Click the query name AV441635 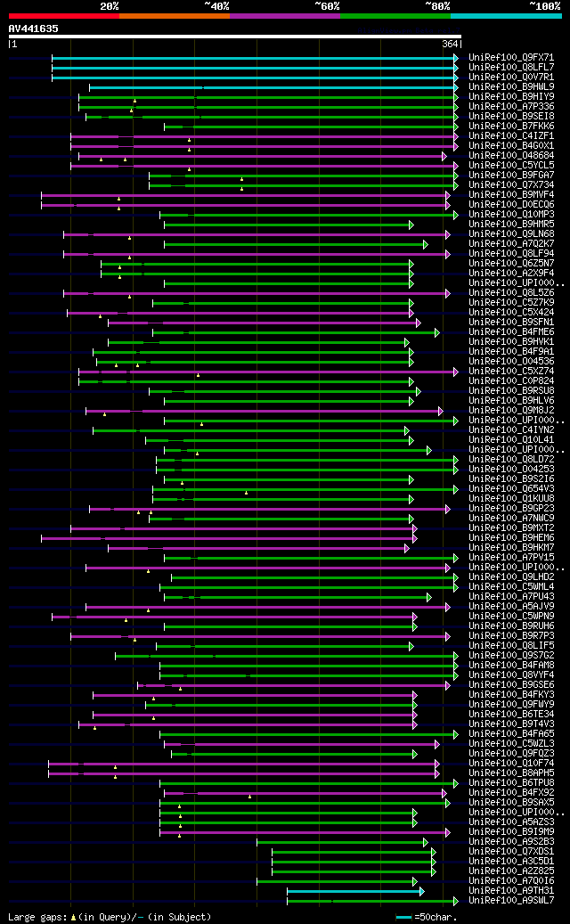33,29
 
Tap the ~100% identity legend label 544,5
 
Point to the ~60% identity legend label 327,5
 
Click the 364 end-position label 450,44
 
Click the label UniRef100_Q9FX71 511,58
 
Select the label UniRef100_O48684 511,156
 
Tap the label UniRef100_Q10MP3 511,215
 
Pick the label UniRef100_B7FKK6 511,127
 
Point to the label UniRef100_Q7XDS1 511,852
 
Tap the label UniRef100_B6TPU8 511,783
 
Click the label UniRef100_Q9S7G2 511,656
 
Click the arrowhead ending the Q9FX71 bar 455,58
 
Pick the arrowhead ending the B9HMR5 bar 411,225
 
